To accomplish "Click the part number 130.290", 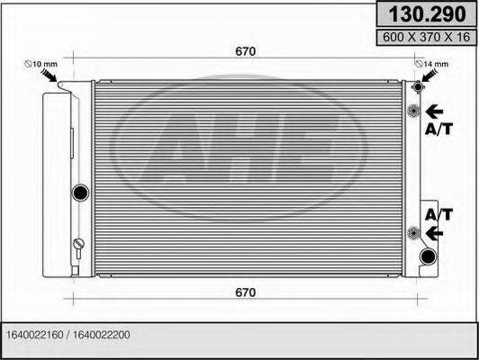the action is tap(427, 14).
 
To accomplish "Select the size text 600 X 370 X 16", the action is tap(426, 37).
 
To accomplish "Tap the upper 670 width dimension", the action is tap(245, 51).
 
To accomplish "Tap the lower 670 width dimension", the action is tap(245, 292).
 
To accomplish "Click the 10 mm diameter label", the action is tap(41, 64).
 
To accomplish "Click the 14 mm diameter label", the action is tap(432, 64).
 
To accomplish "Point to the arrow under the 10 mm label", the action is tap(50, 76).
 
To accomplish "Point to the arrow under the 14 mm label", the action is tap(429, 76).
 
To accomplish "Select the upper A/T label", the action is tap(438, 130).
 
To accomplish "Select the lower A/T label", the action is tap(438, 215).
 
